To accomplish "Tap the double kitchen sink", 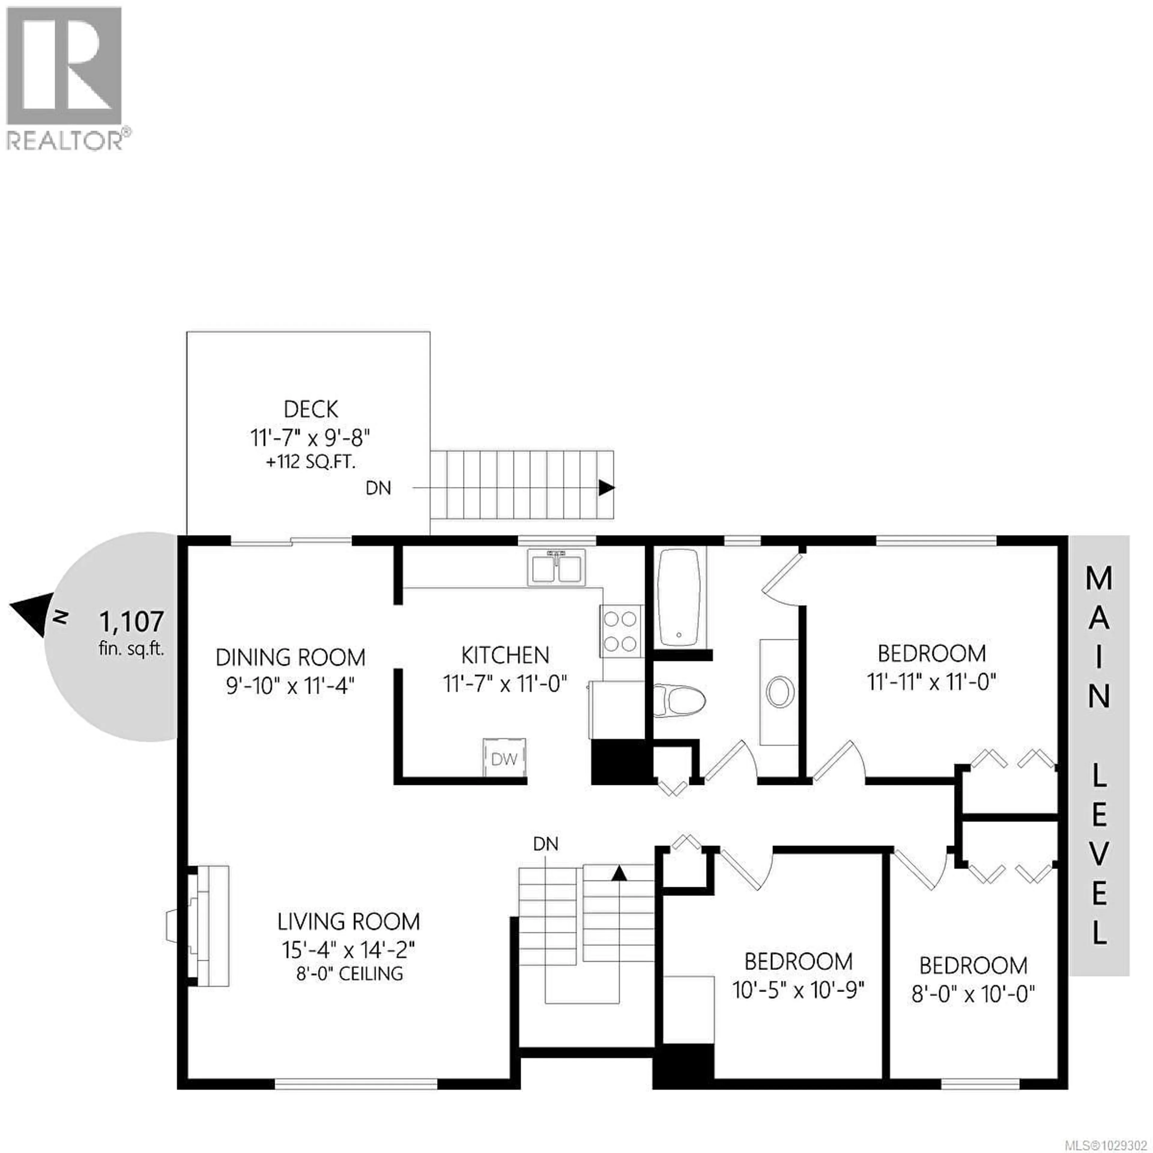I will (556, 568).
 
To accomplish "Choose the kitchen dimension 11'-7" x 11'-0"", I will (505, 683).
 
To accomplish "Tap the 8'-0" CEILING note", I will (350, 974).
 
